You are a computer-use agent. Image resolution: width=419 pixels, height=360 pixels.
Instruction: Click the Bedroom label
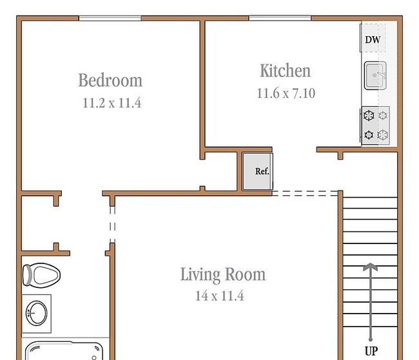[110, 80]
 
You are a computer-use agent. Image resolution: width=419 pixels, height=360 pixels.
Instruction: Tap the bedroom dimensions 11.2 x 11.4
[112, 103]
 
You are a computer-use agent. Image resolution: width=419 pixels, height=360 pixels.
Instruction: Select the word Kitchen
[286, 71]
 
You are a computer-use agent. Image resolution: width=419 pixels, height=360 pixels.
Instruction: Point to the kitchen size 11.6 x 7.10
[286, 93]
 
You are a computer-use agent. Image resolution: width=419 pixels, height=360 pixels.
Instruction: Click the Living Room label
[223, 274]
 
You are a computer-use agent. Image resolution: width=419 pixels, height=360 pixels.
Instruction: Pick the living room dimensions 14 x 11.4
[220, 296]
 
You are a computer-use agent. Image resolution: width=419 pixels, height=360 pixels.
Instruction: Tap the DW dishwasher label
[373, 40]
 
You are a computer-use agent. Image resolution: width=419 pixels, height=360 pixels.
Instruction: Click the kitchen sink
[375, 75]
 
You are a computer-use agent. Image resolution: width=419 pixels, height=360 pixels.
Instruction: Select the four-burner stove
[375, 126]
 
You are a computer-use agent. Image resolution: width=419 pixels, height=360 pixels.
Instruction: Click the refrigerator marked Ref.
[258, 171]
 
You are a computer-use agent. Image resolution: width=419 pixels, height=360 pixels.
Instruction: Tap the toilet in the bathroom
[41, 275]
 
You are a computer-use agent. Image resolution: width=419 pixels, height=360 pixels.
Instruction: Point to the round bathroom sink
[37, 313]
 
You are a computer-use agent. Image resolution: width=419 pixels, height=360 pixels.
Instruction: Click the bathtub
[64, 350]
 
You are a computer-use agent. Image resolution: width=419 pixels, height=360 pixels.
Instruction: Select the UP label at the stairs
[371, 350]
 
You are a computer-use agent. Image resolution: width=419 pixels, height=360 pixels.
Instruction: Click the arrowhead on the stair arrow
[371, 267]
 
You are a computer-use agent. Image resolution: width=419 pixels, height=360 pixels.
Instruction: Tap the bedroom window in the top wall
[110, 18]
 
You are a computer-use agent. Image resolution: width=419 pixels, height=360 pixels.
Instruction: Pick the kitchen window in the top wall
[280, 18]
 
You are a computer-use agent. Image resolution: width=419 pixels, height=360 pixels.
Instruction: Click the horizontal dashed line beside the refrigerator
[305, 193]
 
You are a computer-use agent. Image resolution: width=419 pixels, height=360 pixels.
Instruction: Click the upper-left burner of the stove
[369, 116]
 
